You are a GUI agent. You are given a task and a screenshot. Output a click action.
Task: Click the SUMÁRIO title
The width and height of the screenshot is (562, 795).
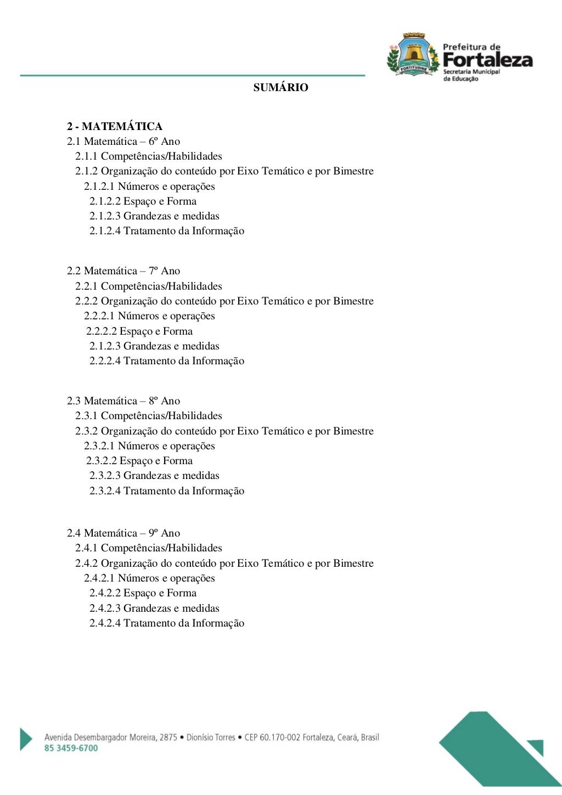pyautogui.click(x=280, y=87)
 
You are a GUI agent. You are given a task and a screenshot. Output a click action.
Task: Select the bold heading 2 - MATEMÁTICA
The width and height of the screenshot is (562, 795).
pyautogui.click(x=115, y=127)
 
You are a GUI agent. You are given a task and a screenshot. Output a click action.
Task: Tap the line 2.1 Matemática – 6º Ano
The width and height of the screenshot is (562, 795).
pyautogui.click(x=123, y=142)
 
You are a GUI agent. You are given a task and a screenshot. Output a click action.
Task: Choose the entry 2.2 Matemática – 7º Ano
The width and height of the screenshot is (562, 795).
pyautogui.click(x=123, y=271)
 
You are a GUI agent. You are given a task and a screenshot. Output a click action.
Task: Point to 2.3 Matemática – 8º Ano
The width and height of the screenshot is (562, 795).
pyautogui.click(x=123, y=401)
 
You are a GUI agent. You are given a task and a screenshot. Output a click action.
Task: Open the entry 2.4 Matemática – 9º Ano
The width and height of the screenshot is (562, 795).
pyautogui.click(x=123, y=533)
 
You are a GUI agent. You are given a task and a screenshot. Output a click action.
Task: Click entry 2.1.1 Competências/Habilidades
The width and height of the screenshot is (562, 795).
pyautogui.click(x=149, y=156)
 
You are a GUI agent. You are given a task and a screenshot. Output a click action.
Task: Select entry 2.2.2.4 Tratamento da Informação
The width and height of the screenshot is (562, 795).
pyautogui.click(x=167, y=361)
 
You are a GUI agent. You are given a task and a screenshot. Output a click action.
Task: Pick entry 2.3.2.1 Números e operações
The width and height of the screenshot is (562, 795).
pyautogui.click(x=149, y=446)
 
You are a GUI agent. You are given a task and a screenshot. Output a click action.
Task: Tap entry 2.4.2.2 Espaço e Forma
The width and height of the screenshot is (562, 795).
pyautogui.click(x=143, y=593)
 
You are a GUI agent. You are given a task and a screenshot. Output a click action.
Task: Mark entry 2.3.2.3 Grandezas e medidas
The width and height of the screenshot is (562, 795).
pyautogui.click(x=154, y=476)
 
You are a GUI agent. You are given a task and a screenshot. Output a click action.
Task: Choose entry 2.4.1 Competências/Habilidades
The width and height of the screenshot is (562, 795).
pyautogui.click(x=149, y=548)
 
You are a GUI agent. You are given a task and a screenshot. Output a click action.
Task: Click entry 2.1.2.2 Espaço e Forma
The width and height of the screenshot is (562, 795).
pyautogui.click(x=143, y=201)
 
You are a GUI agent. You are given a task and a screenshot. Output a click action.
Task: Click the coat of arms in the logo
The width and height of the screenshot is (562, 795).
pyautogui.click(x=413, y=54)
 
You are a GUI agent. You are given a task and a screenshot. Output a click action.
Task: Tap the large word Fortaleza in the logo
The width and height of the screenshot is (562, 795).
pyautogui.click(x=487, y=59)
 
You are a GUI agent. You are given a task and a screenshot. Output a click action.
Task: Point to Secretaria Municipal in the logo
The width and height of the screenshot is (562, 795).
pyautogui.click(x=471, y=72)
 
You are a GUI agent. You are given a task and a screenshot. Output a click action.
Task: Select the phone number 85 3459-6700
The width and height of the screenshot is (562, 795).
pyautogui.click(x=71, y=748)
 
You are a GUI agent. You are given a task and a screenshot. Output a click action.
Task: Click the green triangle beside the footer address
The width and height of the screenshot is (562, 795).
pyautogui.click(x=26, y=738)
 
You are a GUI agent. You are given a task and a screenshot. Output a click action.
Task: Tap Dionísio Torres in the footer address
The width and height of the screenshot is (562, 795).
pyautogui.click(x=211, y=737)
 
